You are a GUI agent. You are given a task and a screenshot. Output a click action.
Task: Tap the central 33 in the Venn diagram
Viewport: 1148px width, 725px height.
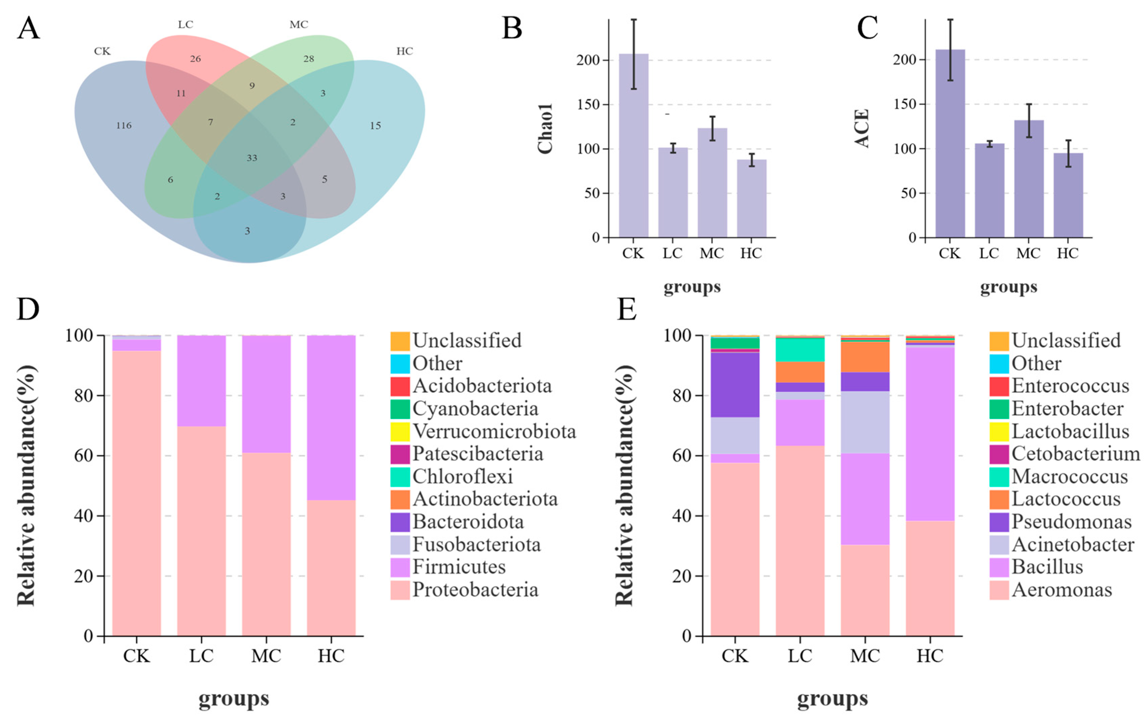click(252, 158)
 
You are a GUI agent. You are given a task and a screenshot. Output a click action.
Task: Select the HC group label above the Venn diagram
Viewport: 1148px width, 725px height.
click(404, 51)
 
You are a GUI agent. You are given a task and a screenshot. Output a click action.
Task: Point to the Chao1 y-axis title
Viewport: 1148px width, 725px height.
click(545, 129)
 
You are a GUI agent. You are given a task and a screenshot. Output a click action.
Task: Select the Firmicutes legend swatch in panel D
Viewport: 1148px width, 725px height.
click(400, 567)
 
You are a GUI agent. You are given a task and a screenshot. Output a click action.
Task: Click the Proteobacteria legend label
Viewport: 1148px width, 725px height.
click(475, 590)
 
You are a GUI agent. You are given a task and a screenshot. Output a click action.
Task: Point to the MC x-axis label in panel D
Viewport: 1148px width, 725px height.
click(266, 656)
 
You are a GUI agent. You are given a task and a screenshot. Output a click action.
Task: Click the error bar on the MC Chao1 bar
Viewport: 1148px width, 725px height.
click(712, 128)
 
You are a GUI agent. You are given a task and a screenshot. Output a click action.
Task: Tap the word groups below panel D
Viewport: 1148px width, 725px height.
click(234, 699)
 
